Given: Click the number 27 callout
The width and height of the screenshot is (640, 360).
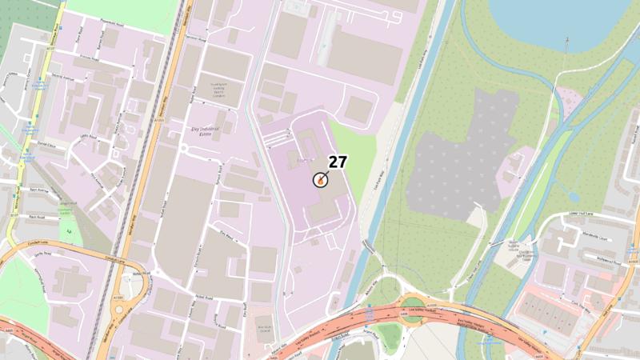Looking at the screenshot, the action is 338,161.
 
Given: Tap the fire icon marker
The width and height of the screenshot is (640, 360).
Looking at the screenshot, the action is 320,180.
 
